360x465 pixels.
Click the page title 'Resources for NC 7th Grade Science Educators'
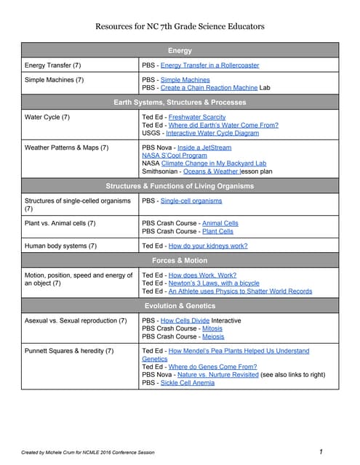coord(180,27)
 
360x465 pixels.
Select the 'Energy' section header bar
coord(180,51)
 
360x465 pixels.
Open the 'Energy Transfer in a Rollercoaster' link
coord(209,65)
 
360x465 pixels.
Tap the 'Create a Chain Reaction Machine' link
coord(209,87)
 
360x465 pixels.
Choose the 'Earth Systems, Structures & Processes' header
coord(180,102)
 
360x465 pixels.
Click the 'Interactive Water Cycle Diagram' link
coord(212,133)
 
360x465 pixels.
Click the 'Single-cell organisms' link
coord(191,201)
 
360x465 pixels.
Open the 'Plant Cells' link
coord(217,231)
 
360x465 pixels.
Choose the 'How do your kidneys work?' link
coord(208,246)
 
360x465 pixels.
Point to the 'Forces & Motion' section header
coord(180,260)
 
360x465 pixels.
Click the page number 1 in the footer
coord(321,452)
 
